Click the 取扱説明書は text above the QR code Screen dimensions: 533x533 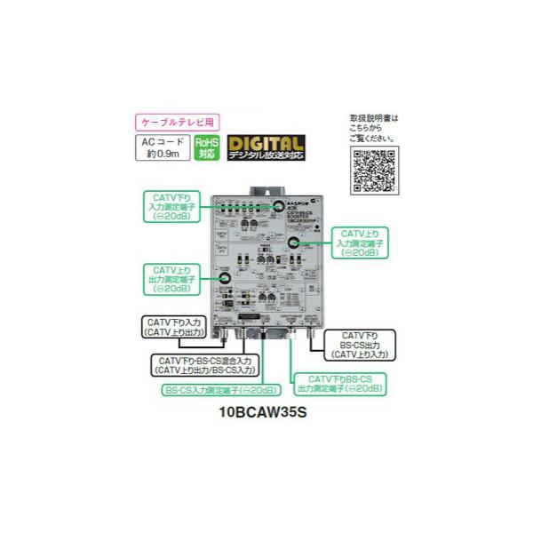374,117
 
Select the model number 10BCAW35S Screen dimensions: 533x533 264,412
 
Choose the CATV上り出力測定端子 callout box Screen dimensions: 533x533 171,278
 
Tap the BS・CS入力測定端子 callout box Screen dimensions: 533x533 218,391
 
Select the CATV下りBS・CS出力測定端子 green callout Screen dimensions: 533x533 341,383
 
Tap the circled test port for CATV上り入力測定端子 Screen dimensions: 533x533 294,243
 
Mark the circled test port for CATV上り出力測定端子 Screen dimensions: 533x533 227,278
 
